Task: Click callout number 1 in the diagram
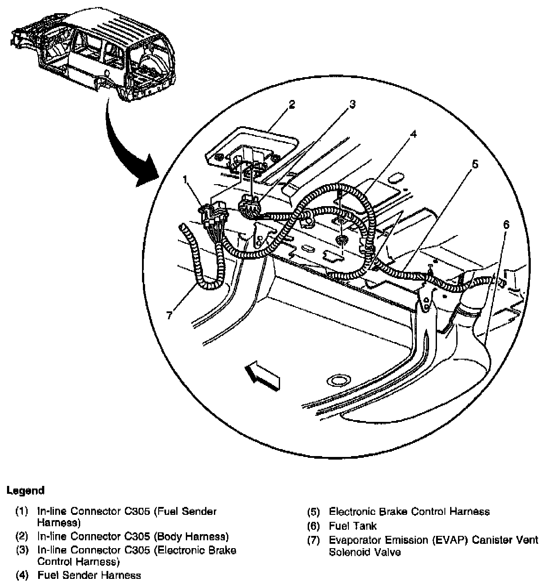pyautogui.click(x=185, y=179)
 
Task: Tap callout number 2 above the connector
pyautogui.click(x=292, y=104)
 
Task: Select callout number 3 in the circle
pyautogui.click(x=352, y=104)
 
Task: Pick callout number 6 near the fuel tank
pyautogui.click(x=506, y=225)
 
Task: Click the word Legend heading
pyautogui.click(x=25, y=490)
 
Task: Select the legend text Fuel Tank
pyautogui.click(x=352, y=525)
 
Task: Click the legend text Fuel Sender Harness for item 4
pyautogui.click(x=89, y=575)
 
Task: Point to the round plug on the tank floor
pyautogui.click(x=337, y=380)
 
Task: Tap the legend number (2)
pyautogui.click(x=22, y=536)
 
